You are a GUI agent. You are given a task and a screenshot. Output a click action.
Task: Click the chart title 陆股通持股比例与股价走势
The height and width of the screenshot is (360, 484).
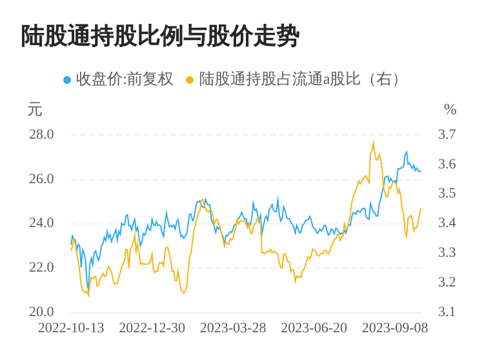[x=160, y=36]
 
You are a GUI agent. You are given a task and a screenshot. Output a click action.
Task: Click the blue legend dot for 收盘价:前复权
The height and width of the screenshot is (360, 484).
[x=67, y=80]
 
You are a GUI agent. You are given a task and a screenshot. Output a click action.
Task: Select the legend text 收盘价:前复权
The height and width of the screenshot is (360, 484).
[x=125, y=79]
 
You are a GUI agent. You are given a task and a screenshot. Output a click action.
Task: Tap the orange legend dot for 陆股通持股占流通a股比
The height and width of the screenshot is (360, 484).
[x=190, y=80]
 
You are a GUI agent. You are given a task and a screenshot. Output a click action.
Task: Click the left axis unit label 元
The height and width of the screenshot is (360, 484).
[x=35, y=110]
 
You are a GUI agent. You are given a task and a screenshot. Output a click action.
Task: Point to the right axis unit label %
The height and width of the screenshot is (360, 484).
[x=450, y=110]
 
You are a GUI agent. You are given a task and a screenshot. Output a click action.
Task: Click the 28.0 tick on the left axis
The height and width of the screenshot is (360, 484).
[x=41, y=135]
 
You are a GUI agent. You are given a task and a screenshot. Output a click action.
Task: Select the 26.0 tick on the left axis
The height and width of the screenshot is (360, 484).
[x=41, y=179]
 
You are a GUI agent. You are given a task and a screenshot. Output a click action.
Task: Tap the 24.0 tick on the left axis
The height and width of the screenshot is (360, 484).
[x=41, y=223]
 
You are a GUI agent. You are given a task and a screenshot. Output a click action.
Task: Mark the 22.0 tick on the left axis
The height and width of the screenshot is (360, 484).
[x=41, y=267]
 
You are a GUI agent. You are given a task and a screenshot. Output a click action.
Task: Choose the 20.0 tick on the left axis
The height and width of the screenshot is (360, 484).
[x=41, y=312]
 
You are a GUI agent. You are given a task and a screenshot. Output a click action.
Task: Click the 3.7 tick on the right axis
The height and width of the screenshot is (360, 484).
[x=447, y=135]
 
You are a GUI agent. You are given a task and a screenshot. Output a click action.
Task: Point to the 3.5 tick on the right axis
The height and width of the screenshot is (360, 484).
[x=447, y=194]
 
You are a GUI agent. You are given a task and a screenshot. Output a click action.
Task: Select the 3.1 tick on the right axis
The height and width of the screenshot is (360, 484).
[x=447, y=312]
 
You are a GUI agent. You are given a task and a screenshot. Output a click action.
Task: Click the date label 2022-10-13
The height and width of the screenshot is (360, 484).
[x=71, y=328]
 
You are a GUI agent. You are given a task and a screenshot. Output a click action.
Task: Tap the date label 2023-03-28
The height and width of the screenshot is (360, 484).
[x=233, y=328]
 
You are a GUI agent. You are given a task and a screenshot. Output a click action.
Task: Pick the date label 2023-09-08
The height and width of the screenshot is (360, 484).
[x=395, y=328]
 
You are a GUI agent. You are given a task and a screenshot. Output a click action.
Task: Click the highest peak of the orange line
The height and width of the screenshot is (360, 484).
[x=373, y=142]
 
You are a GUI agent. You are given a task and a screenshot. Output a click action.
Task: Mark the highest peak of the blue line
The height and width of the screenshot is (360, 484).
[x=407, y=152]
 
